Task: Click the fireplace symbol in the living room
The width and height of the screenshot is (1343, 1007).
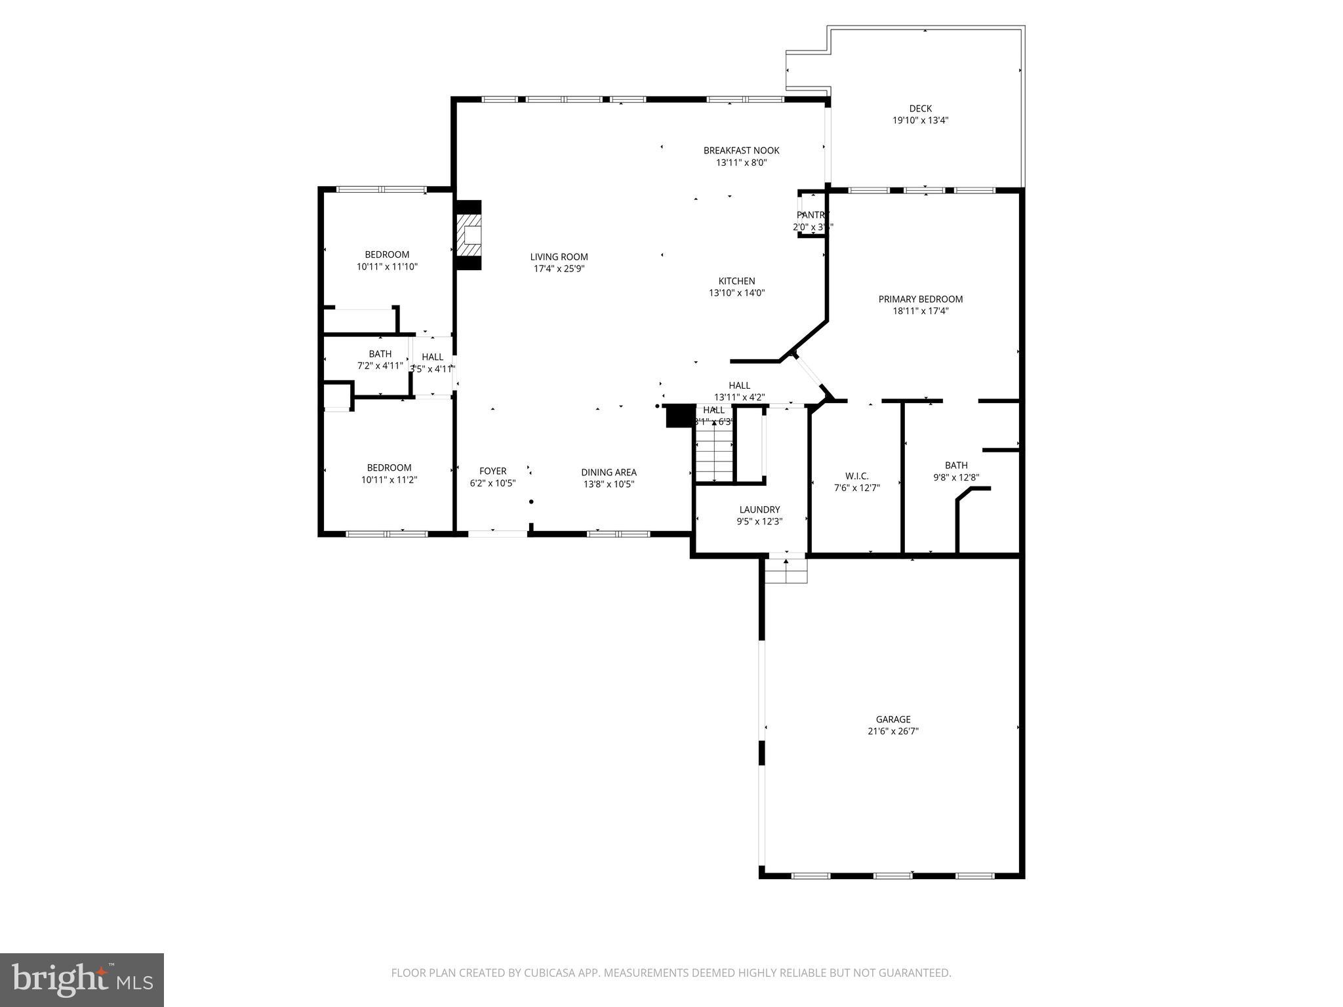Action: pos(469,235)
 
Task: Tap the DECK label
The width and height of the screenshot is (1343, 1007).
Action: pos(920,109)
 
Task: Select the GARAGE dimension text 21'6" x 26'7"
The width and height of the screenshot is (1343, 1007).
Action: pos(892,732)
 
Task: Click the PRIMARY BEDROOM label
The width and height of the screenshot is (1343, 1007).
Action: pos(920,299)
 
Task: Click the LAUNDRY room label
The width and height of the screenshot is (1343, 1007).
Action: pos(759,509)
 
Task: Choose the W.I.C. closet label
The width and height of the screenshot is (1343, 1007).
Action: pos(856,476)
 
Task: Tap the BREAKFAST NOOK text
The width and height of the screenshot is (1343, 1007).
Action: pos(741,150)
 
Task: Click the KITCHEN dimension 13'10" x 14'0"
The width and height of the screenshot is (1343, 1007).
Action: pos(736,293)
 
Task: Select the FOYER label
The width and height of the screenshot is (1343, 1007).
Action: pos(492,471)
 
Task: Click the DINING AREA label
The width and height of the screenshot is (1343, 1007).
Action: pos(609,472)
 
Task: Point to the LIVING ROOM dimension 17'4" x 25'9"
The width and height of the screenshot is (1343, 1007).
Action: pos(559,269)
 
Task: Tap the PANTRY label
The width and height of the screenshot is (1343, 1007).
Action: pos(812,215)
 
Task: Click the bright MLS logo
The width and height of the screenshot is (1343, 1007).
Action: pos(82,979)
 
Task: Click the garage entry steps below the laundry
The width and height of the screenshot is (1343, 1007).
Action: pos(786,571)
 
